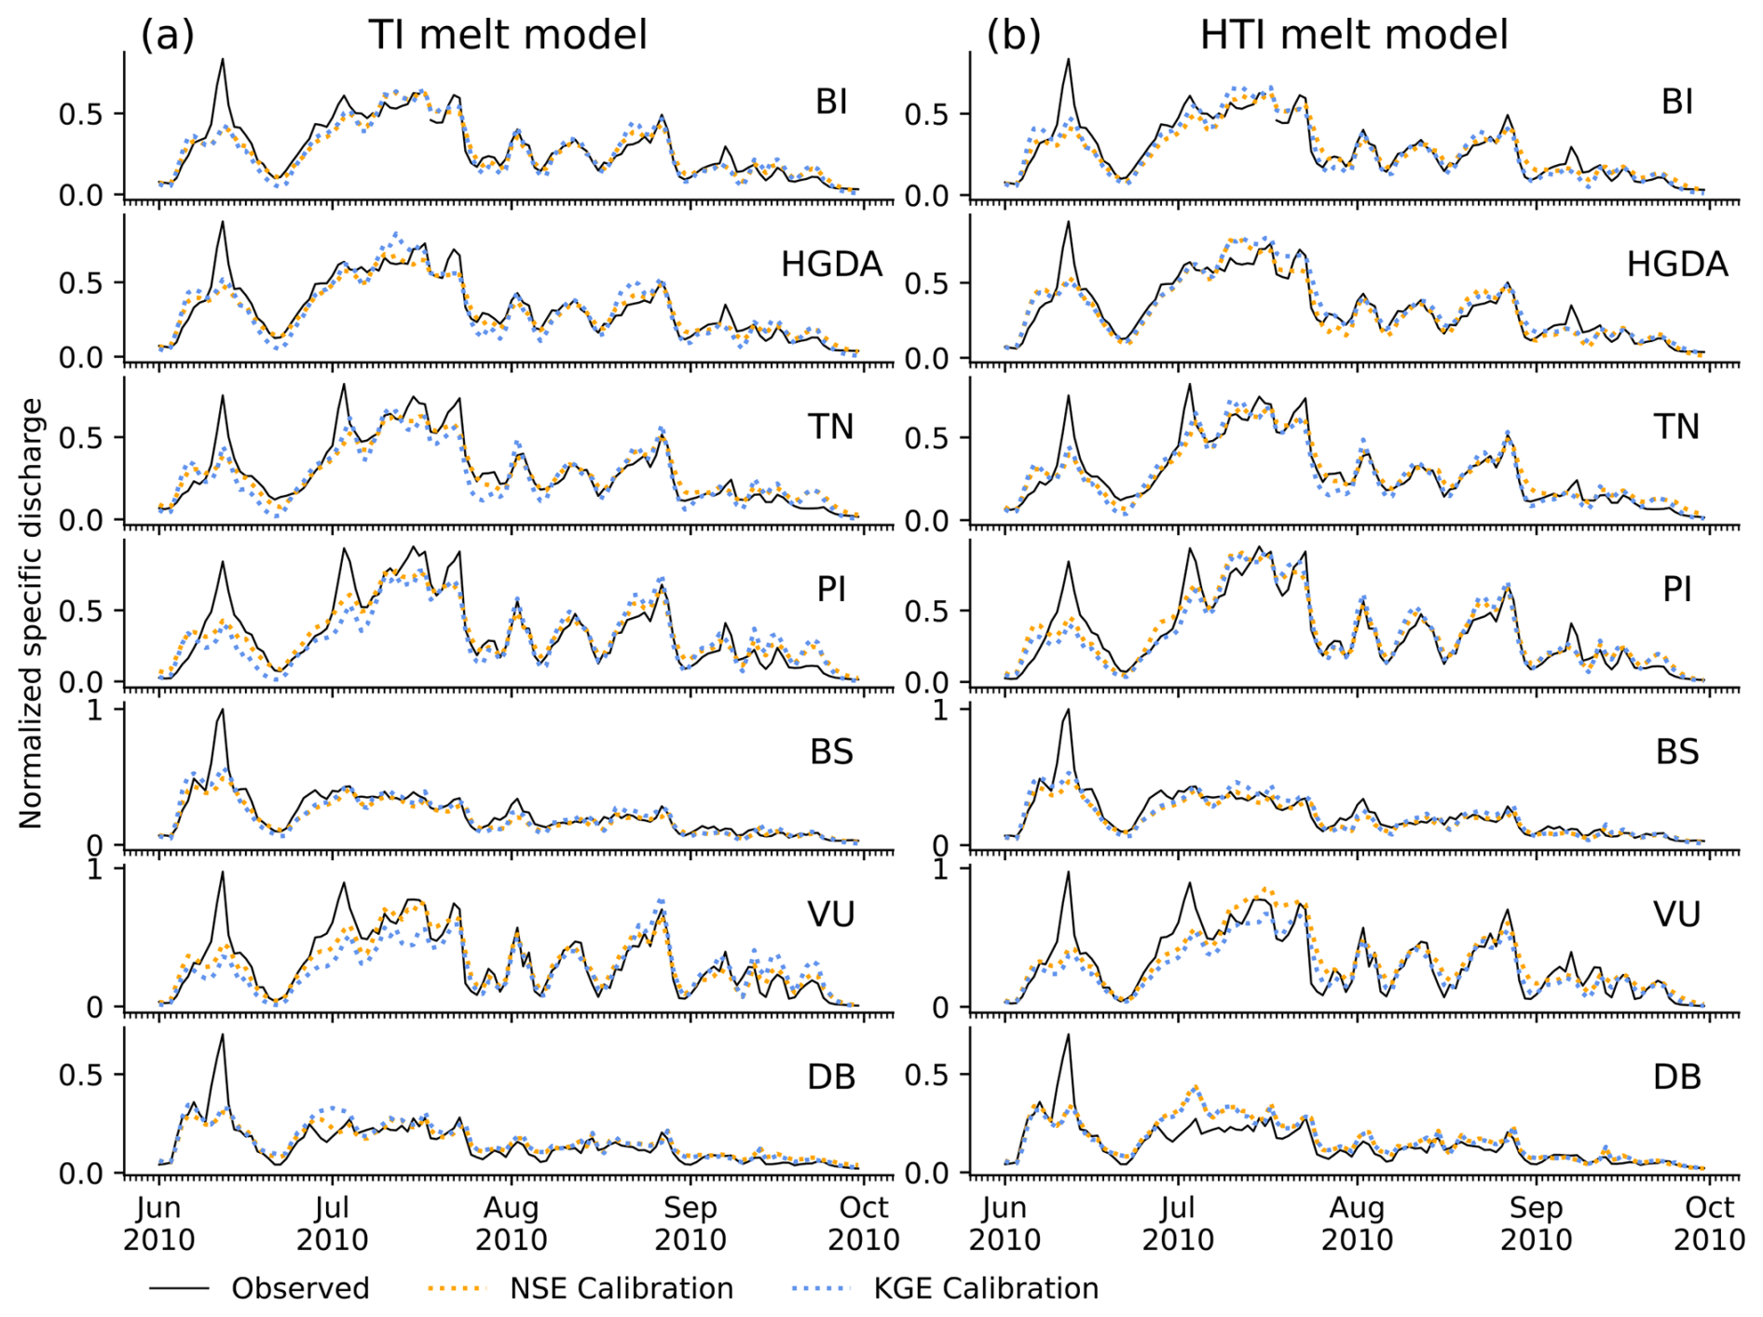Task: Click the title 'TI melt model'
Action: tap(507, 35)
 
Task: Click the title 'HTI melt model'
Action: tap(1353, 35)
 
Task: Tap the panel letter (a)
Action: tap(168, 35)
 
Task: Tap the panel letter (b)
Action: tap(1014, 35)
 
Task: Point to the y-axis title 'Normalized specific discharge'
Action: tap(31, 613)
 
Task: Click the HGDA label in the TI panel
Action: tap(831, 265)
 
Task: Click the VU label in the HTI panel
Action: tap(1676, 914)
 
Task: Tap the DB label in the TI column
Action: tap(831, 1077)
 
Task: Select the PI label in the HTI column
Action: tap(1676, 590)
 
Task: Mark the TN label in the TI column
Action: tap(831, 427)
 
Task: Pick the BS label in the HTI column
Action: tap(1676, 752)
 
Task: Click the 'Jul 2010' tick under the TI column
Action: tap(333, 1224)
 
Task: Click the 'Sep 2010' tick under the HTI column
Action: tap(1536, 1224)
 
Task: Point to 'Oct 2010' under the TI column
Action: tap(864, 1224)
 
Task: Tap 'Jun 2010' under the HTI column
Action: tap(1004, 1224)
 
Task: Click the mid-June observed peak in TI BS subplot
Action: tap(222, 709)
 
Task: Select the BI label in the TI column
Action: tap(831, 103)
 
